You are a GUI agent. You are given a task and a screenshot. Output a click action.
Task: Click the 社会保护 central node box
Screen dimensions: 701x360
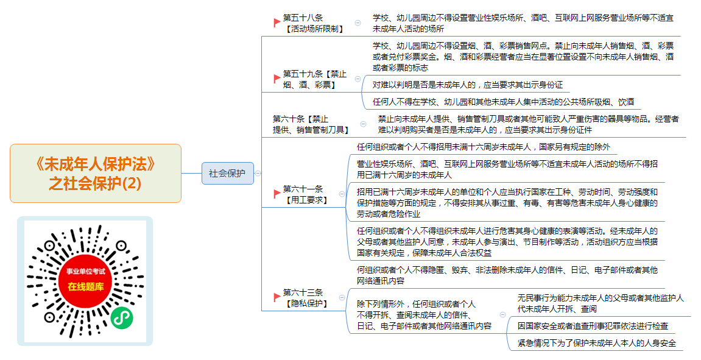[228, 173]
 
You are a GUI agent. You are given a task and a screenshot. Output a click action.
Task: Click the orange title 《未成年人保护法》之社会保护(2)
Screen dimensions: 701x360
[95, 174]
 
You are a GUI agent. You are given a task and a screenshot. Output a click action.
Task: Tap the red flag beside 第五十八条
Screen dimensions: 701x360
[277, 23]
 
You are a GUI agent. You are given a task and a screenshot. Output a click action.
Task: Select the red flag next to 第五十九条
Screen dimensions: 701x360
[277, 79]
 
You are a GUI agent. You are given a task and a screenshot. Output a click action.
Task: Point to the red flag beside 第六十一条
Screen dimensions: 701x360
[277, 194]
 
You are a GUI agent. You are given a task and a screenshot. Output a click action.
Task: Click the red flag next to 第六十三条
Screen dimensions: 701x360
[277, 297]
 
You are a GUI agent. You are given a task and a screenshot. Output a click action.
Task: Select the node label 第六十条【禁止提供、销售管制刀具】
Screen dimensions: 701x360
[311, 124]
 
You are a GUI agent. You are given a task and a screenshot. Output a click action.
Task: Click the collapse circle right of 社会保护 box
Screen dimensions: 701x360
[258, 174]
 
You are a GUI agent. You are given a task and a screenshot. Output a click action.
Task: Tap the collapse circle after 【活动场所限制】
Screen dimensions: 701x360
[358, 23]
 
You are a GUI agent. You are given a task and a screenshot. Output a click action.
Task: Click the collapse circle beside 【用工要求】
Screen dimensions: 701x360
[342, 194]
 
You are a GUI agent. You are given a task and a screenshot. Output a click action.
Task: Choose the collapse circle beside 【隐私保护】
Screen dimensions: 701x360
[342, 297]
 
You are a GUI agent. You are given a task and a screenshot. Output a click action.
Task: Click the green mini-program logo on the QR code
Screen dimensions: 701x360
[122, 318]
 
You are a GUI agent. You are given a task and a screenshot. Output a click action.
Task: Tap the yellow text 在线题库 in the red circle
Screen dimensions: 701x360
[86, 287]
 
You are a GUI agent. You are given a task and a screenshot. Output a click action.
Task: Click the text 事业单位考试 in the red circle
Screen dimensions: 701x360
[86, 272]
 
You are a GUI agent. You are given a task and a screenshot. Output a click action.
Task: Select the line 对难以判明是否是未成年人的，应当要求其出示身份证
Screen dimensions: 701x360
[468, 85]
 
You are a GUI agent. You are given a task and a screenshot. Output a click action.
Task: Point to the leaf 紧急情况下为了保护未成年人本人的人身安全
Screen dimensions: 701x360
[597, 343]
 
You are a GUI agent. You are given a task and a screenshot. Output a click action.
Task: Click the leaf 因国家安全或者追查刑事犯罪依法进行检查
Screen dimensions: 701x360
[593, 326]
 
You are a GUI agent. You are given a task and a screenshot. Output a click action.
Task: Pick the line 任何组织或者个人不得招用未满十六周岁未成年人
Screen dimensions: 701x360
[484, 147]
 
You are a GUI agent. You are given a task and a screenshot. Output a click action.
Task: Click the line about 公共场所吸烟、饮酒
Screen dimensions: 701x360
[504, 102]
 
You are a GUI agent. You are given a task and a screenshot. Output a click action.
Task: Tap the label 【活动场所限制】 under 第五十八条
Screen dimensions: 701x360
[315, 29]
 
